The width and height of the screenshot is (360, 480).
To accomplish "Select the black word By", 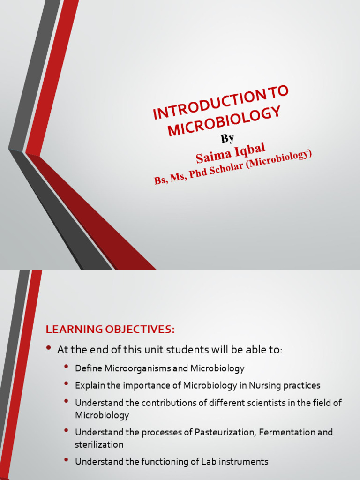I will click(227, 138).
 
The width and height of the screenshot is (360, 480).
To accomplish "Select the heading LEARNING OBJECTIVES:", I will click(110, 330).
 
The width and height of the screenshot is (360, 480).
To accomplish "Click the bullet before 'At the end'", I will click(49, 348).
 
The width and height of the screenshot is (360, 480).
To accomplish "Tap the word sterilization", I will click(99, 444).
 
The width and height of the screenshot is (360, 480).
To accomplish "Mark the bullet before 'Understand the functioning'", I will click(66, 460).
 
